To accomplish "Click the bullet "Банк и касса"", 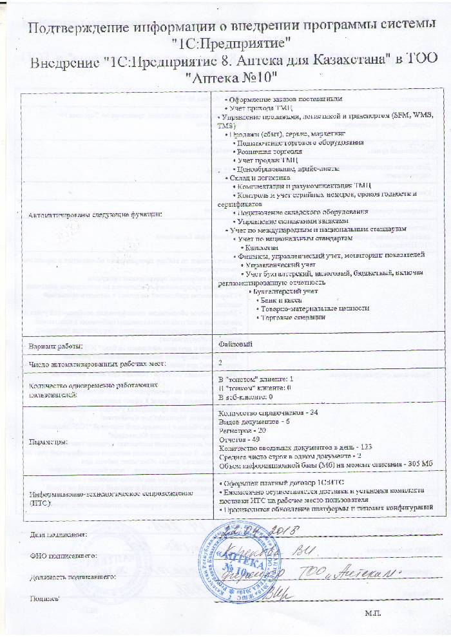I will click(x=282, y=299).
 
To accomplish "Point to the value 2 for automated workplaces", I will click(x=220, y=363).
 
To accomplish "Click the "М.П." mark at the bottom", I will click(x=372, y=612).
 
